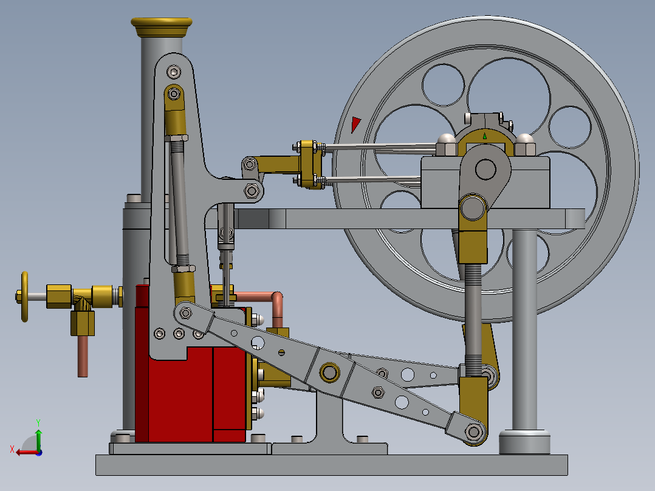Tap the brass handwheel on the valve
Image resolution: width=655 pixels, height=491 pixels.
click(25, 296)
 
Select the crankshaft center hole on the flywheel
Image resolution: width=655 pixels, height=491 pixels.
click(485, 169)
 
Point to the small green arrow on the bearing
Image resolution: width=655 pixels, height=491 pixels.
click(485, 137)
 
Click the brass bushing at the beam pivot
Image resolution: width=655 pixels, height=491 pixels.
click(330, 371)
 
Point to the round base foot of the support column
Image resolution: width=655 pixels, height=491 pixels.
click(524, 441)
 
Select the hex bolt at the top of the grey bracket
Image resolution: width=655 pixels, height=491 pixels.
click(175, 73)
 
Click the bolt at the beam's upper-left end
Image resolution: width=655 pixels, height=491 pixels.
click(186, 313)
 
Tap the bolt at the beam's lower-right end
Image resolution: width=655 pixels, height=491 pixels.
click(473, 431)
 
